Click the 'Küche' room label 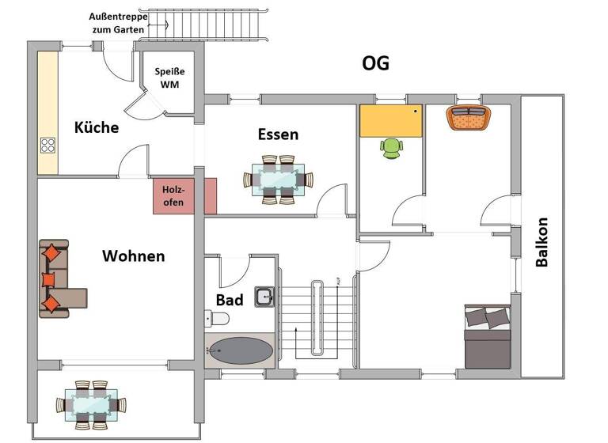pos(97,127)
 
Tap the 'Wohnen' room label pos(133,256)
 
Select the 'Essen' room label pos(278,134)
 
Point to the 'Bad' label pos(230,301)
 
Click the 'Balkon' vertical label pos(542,242)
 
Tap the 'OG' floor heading pos(375,63)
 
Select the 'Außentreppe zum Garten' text pos(117,23)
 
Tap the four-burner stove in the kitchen pos(48,145)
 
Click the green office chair pos(392,148)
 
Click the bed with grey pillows pos(487,337)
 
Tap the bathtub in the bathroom pos(241,350)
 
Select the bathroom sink pos(264,297)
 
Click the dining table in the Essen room pos(277,180)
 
